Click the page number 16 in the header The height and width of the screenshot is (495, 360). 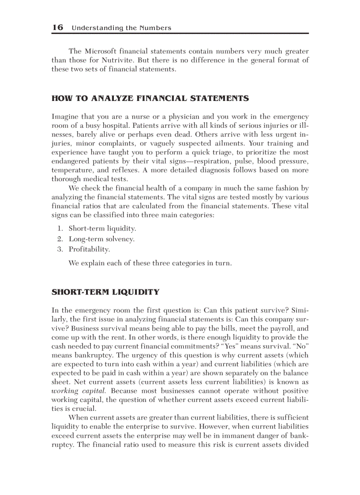tap(57, 27)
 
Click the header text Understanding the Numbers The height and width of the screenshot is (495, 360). tap(121, 28)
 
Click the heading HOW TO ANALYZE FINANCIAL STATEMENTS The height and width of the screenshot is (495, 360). tap(150, 98)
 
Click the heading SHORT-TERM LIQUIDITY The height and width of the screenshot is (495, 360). tap(105, 292)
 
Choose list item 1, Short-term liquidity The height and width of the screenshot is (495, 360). tap(102, 228)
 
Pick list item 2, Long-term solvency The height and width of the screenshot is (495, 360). tap(101, 239)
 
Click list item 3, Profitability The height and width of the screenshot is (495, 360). tap(89, 249)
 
